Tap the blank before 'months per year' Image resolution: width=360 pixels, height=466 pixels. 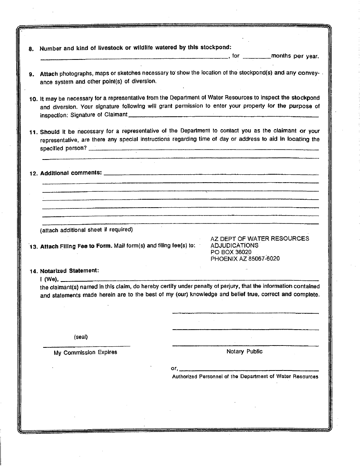(x=257, y=57)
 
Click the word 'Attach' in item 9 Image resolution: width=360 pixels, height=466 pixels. (x=49, y=74)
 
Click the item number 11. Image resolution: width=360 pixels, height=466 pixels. (x=33, y=132)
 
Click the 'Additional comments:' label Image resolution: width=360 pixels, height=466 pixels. (x=71, y=173)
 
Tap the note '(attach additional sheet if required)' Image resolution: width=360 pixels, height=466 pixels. (x=86, y=230)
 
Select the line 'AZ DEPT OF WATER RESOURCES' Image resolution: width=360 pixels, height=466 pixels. (x=260, y=239)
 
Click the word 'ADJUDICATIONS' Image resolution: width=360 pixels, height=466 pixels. (x=234, y=246)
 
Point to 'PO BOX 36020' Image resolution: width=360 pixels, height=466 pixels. (x=231, y=252)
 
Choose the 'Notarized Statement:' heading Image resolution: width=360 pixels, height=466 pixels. (x=69, y=271)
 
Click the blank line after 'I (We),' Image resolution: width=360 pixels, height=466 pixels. (x=189, y=280)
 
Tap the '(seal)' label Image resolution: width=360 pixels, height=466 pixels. (x=81, y=337)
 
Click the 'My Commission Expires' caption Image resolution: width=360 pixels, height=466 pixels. (x=85, y=352)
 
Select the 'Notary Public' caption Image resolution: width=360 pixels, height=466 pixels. (x=244, y=352)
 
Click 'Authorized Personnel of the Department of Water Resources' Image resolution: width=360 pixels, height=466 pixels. (x=245, y=377)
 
